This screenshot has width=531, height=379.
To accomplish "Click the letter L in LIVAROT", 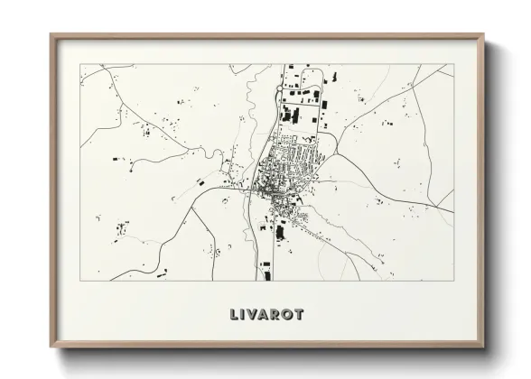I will click(x=235, y=315).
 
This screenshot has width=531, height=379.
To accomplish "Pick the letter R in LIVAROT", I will click(x=279, y=315).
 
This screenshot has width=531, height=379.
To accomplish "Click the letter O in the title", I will click(x=290, y=315).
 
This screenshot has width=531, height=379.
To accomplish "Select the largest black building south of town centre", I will click(x=280, y=232).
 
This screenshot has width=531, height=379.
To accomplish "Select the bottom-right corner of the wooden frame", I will click(x=483, y=347).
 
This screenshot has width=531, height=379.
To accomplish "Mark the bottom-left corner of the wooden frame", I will click(x=51, y=347).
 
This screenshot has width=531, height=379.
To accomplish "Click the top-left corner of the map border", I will click(x=80, y=64).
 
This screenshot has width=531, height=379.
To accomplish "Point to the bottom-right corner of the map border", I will click(x=453, y=280).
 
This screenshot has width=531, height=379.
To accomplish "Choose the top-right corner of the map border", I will click(x=453, y=64).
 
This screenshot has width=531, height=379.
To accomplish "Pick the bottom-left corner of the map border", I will click(x=80, y=280).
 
